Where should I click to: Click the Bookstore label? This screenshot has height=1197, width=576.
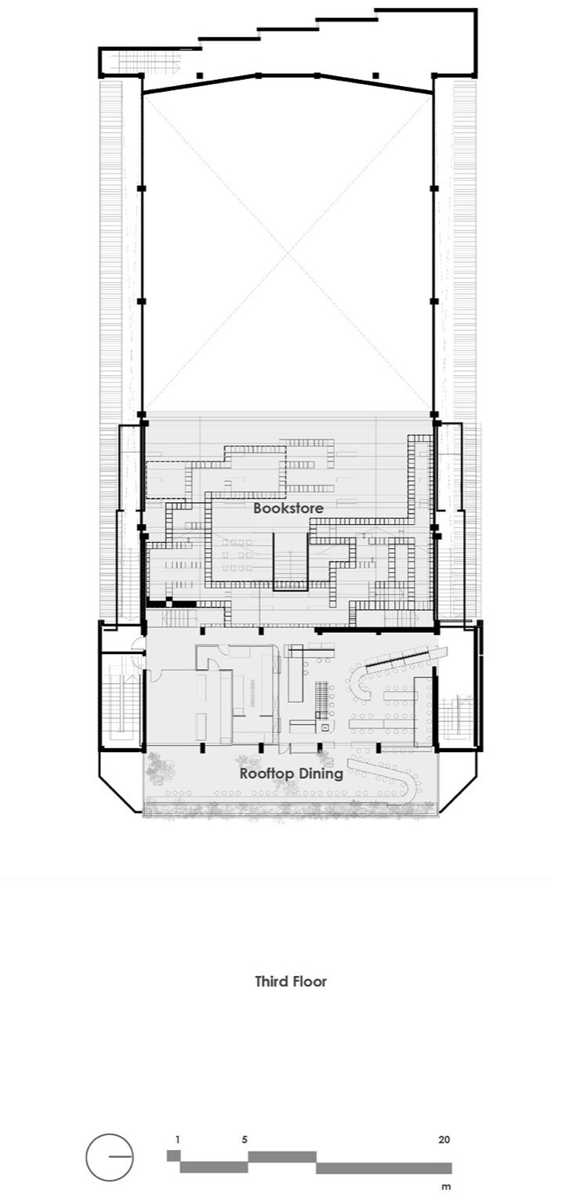(288, 508)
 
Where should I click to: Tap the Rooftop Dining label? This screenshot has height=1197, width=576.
(291, 774)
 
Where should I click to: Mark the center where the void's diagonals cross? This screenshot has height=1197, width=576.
(288, 252)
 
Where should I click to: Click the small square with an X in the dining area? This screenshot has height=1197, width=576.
(324, 728)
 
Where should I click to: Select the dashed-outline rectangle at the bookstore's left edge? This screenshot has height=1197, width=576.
(166, 479)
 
